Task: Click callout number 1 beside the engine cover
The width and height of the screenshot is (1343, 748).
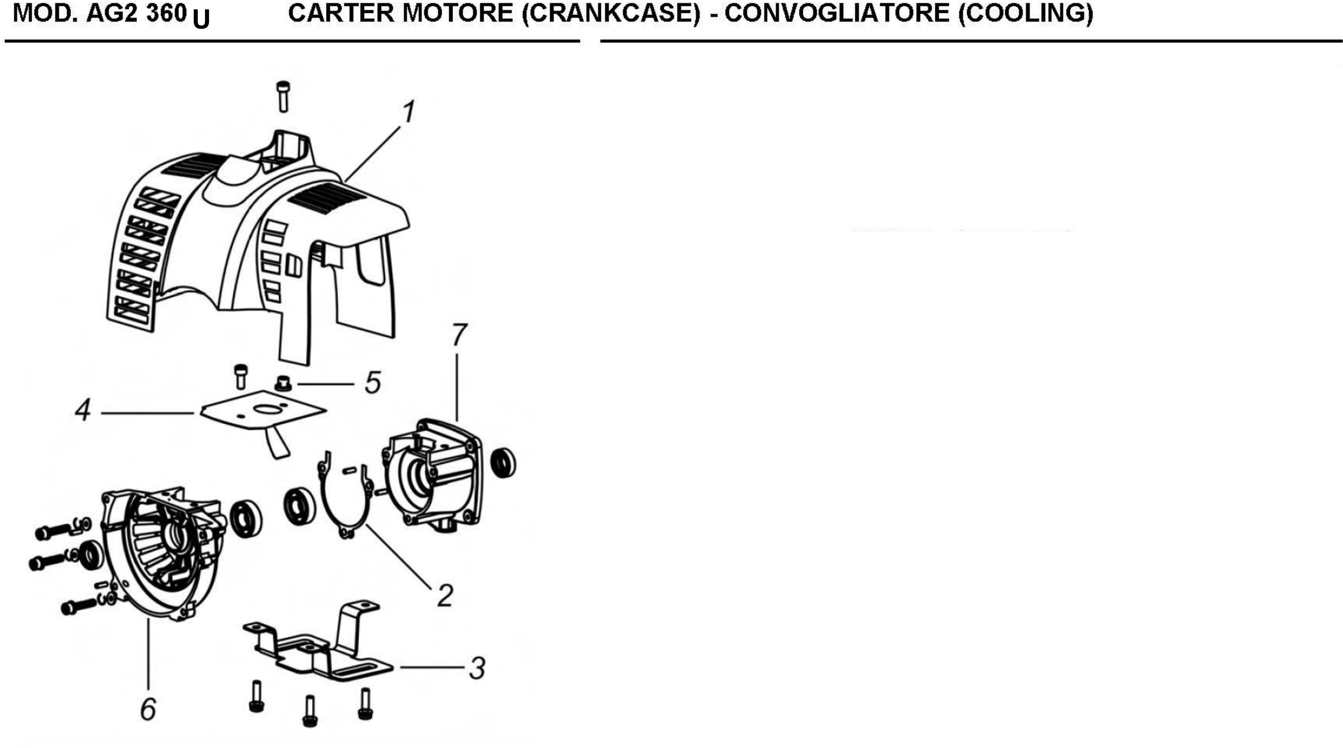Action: click(409, 112)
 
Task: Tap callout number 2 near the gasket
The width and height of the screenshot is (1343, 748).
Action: click(445, 595)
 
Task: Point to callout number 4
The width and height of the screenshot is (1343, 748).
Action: click(83, 410)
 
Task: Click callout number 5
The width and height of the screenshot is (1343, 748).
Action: click(373, 383)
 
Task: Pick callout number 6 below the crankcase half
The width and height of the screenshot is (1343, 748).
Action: click(148, 709)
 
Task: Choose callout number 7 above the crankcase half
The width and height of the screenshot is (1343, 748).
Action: click(459, 335)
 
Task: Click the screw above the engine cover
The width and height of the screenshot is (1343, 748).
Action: click(283, 97)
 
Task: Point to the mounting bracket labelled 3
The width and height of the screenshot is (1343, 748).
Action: click(318, 642)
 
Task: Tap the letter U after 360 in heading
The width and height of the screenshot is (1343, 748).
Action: click(201, 19)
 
